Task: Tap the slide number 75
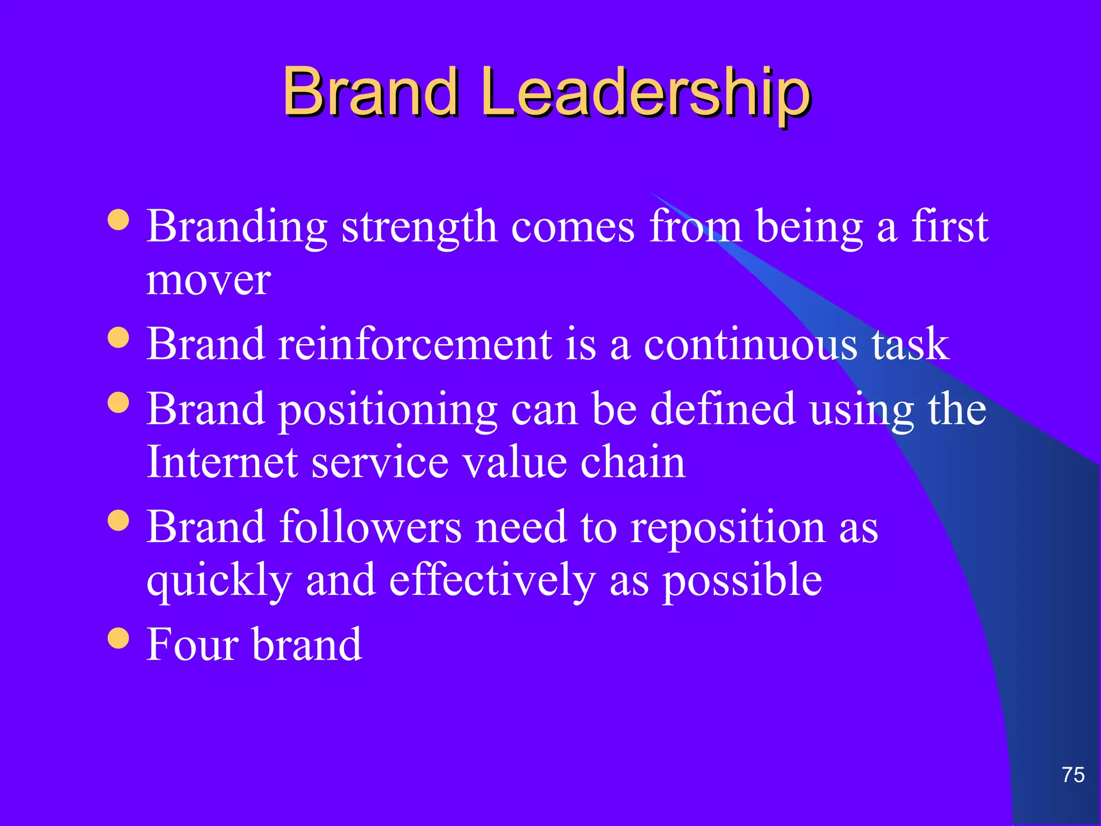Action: [x=1073, y=775]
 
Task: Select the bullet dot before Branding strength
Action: [x=118, y=219]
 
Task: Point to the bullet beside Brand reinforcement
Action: [x=118, y=338]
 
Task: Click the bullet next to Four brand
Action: [x=118, y=638]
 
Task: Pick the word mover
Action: [x=209, y=281]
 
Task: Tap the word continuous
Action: [x=750, y=344]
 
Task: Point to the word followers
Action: [x=370, y=527]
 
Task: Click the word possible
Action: [x=742, y=582]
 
